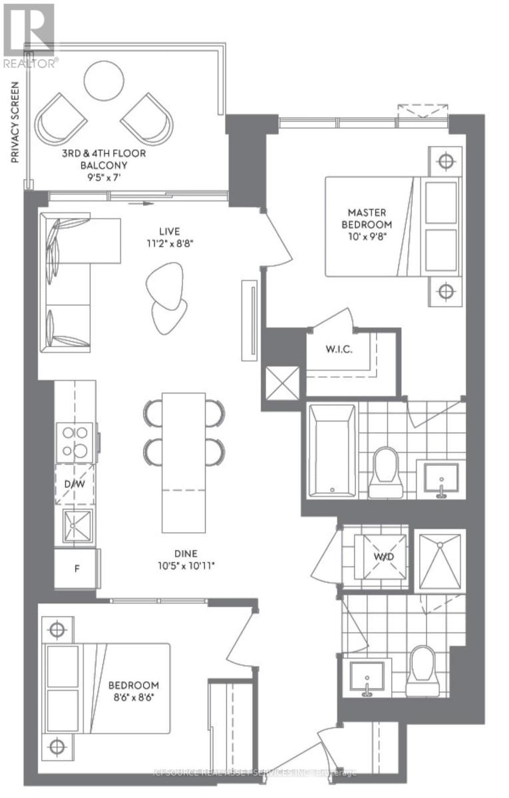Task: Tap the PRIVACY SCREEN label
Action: point(15,124)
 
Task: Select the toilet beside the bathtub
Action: point(386,471)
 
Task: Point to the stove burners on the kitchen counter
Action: point(75,441)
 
